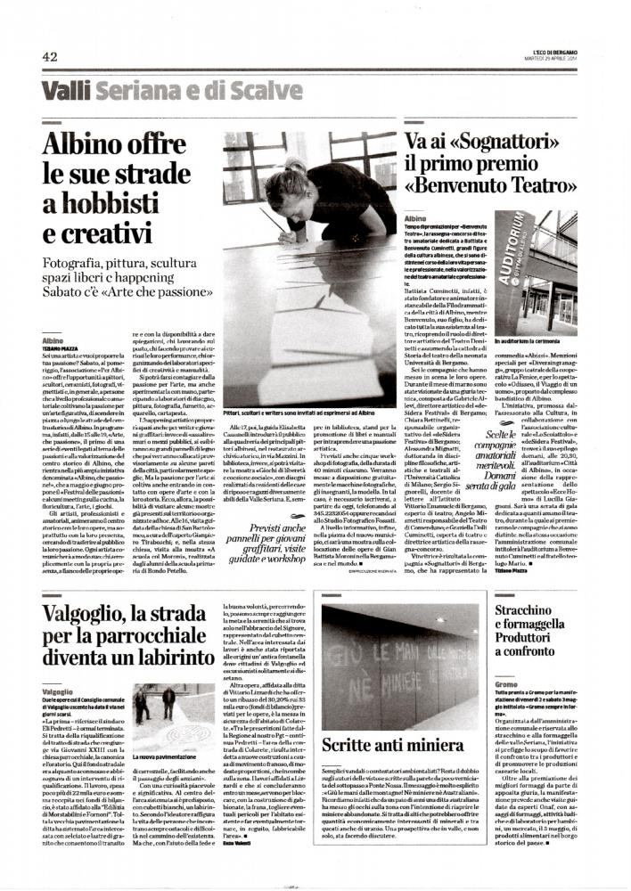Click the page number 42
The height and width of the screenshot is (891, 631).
click(x=50, y=57)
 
